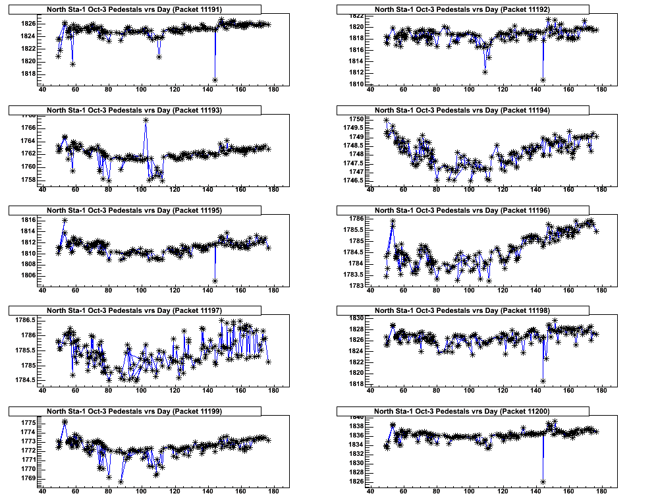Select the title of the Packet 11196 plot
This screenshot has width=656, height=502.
tap(462, 210)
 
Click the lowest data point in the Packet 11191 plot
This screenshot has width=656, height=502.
tap(215, 80)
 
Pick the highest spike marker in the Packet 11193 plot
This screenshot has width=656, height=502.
tap(146, 120)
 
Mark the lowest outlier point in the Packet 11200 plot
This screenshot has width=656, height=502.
tap(543, 482)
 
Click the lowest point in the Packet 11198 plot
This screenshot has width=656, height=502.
tap(543, 381)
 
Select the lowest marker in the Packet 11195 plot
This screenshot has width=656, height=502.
tap(215, 281)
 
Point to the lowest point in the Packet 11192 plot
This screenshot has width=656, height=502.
tap(543, 80)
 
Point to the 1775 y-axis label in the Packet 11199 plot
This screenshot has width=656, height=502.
tap(28, 422)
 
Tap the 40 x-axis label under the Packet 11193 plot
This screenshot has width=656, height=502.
tap(43, 190)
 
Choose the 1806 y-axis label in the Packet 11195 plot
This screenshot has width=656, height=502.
tap(28, 275)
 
